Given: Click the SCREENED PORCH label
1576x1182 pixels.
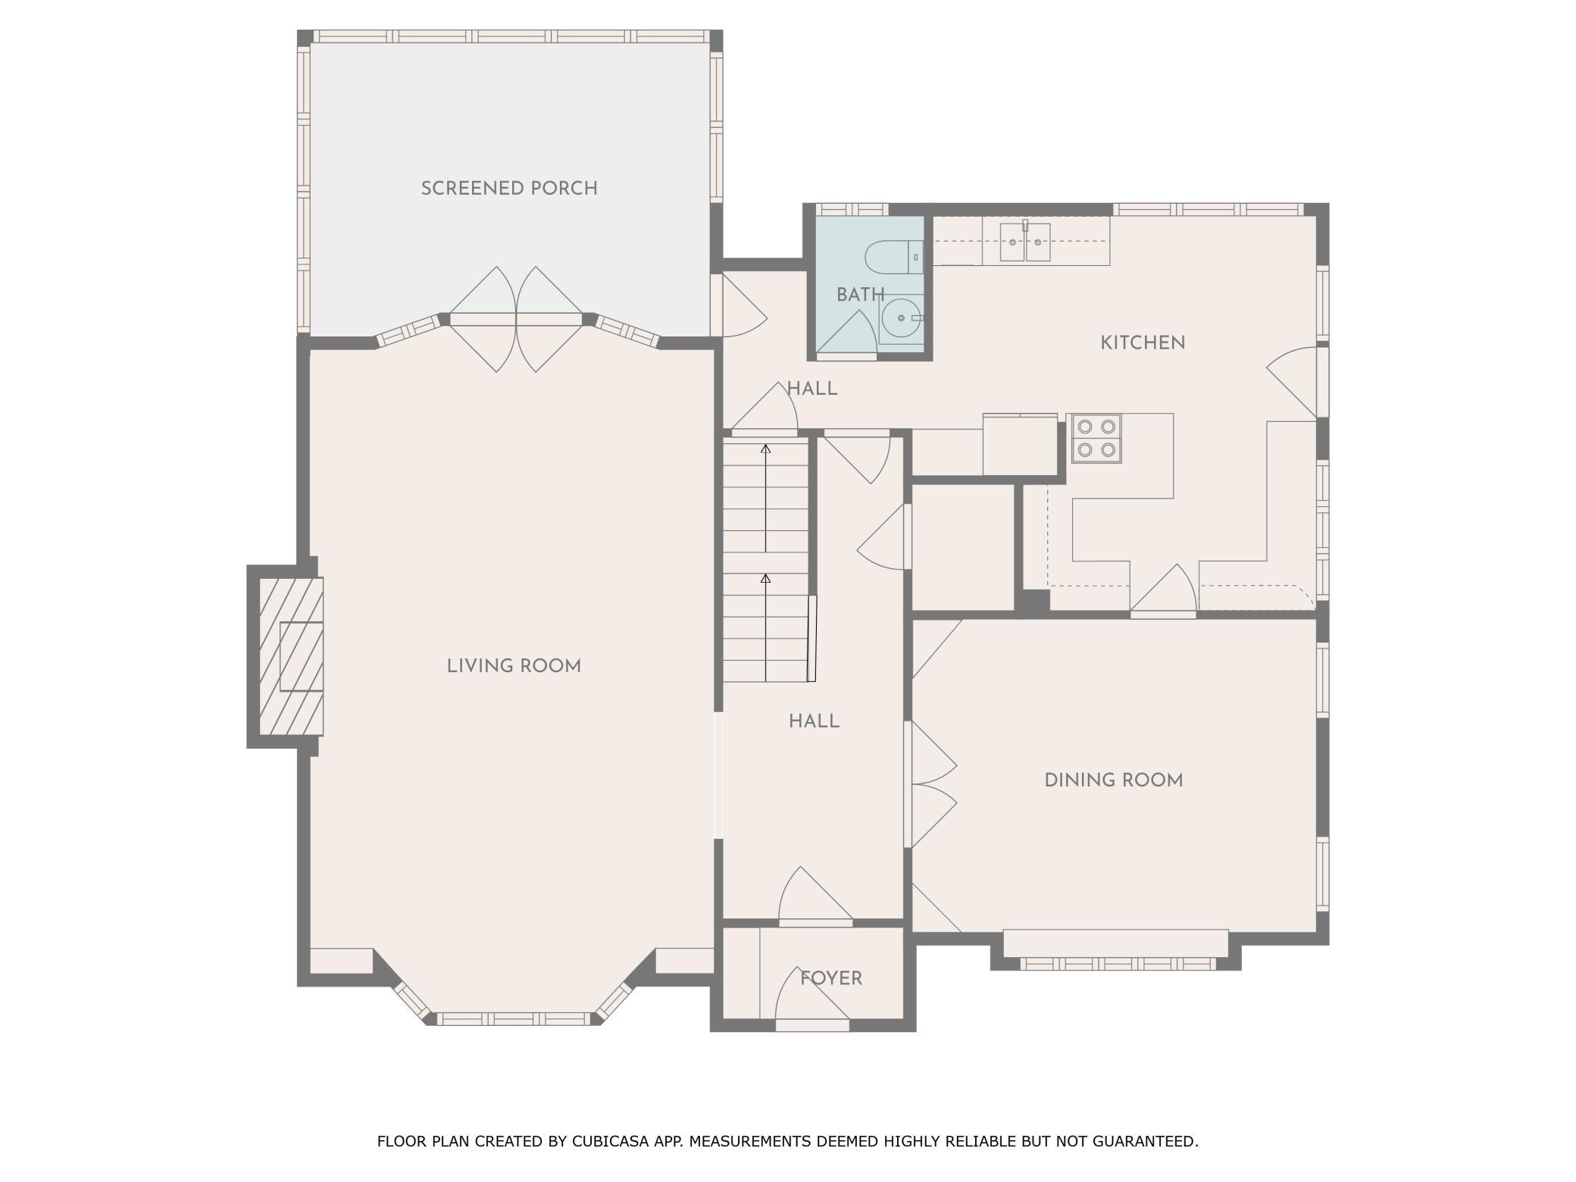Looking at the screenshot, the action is click(x=509, y=188).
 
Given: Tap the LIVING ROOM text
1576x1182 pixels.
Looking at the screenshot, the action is click(x=514, y=666).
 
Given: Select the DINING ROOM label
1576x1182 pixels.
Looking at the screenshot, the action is click(x=1114, y=780).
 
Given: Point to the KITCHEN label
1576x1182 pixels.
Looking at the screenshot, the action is click(x=1143, y=342).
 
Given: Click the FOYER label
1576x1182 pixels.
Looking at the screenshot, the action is click(x=831, y=978).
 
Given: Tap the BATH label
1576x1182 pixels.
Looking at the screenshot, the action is click(x=860, y=294).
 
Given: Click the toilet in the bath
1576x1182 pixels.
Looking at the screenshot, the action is click(x=894, y=257).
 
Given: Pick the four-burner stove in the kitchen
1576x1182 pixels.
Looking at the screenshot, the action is click(x=1096, y=438).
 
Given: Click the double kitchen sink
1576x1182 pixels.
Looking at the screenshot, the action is click(x=1025, y=242).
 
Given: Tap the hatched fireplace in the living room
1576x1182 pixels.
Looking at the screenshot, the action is click(x=292, y=656).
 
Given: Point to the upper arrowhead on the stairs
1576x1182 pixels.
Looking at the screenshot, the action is click(x=765, y=449).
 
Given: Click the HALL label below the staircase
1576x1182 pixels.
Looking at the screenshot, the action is click(x=814, y=721).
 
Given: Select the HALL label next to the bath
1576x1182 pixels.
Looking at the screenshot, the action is click(x=812, y=389).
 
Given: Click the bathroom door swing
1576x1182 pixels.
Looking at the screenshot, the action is click(x=846, y=332).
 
